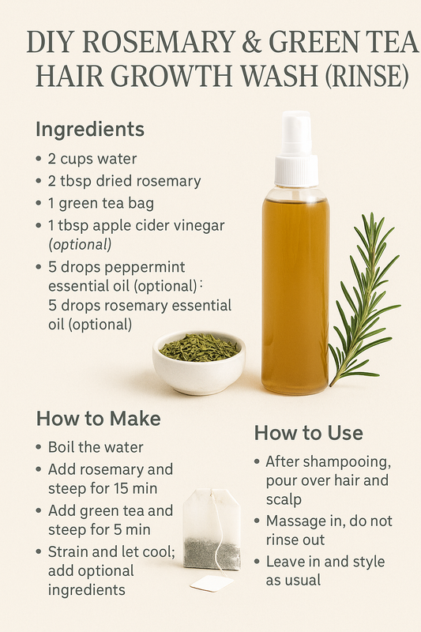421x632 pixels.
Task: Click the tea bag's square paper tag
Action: point(212,583)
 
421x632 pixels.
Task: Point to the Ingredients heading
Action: point(90,129)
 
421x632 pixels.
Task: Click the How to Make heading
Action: point(99,419)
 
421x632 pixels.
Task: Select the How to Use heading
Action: point(309,433)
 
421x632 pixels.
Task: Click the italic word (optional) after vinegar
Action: point(80,243)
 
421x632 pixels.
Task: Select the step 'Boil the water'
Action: point(96,447)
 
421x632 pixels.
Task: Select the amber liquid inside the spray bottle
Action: point(295,300)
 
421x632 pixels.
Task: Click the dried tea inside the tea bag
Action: point(211,552)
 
